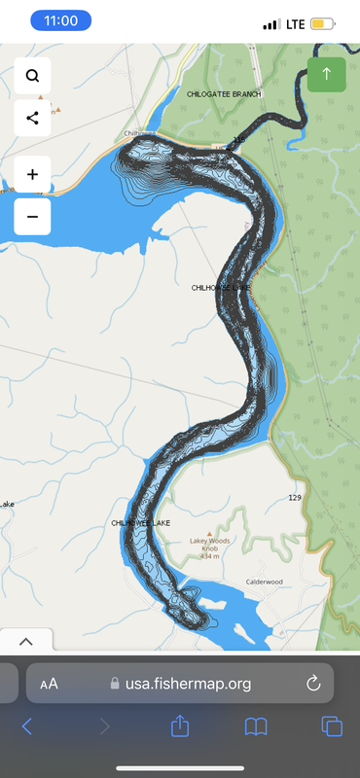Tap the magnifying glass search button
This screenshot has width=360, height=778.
(33, 76)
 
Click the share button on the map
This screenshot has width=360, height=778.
(33, 118)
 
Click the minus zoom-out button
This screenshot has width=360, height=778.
(33, 217)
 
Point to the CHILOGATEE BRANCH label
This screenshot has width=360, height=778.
(225, 93)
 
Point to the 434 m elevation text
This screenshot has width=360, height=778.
(210, 555)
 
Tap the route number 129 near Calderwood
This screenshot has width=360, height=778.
(295, 498)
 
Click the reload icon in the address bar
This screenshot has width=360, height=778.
(313, 684)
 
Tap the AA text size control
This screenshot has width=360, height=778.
(49, 684)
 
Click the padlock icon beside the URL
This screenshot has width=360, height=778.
(116, 684)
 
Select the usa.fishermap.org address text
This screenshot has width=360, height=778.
(187, 684)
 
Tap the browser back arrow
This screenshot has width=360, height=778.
(27, 725)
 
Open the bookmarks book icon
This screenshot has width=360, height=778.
(256, 725)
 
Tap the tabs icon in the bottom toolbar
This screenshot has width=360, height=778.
(332, 725)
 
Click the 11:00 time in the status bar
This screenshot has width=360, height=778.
(60, 20)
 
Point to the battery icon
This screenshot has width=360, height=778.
(323, 22)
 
